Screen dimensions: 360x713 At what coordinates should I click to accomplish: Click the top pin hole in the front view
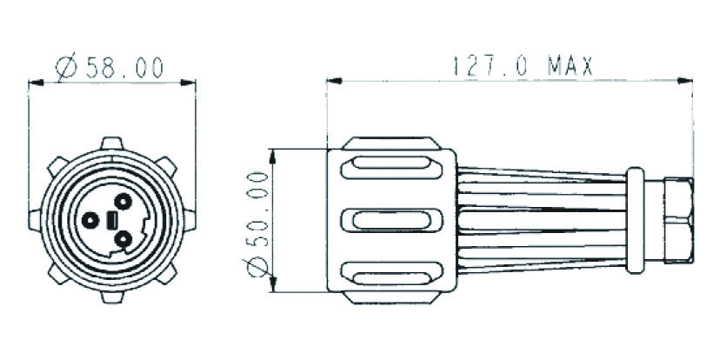[x=123, y=202]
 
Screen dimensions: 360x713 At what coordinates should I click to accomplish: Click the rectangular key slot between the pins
[x=111, y=221]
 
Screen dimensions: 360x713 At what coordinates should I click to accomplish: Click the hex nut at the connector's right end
[x=677, y=221]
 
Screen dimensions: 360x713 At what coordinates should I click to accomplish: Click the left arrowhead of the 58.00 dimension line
[x=35, y=83]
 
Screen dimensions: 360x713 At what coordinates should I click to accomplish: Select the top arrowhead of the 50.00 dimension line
[x=273, y=156]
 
